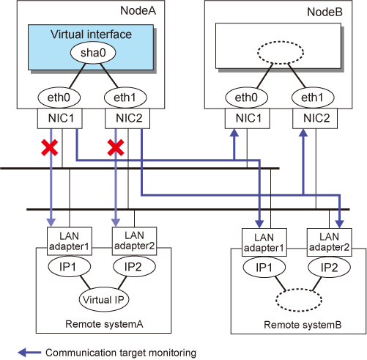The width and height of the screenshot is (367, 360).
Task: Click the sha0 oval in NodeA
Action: (x=93, y=53)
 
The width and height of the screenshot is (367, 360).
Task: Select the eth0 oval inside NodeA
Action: (x=59, y=98)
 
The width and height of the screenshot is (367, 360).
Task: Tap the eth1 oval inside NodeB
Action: (x=313, y=98)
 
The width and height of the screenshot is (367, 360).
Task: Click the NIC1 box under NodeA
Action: (x=60, y=118)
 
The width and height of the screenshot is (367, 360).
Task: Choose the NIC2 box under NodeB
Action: (x=315, y=118)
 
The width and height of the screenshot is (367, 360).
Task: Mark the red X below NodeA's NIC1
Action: (x=50, y=147)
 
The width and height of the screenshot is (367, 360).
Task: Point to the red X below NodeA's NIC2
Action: (x=116, y=147)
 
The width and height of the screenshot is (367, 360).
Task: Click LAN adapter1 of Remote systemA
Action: (x=70, y=241)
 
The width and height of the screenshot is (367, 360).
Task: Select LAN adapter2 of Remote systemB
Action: (x=329, y=242)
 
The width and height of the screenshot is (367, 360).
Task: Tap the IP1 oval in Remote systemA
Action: (x=70, y=266)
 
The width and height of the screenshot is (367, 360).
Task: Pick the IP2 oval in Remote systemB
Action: (x=330, y=268)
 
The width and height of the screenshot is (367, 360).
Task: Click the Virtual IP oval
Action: (x=104, y=299)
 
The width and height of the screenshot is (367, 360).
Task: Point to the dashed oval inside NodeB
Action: (x=281, y=53)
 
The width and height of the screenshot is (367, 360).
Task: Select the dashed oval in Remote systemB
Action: (x=299, y=300)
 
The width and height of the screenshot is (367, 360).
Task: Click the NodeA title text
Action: (x=138, y=11)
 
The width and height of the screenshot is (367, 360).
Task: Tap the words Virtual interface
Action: (x=91, y=34)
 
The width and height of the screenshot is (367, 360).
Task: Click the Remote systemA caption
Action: (x=104, y=324)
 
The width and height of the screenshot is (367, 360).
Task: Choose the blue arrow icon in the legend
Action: (x=29, y=353)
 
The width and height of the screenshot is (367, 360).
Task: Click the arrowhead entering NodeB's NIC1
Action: (x=234, y=133)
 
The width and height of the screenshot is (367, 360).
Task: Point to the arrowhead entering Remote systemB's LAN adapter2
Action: (x=340, y=224)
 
